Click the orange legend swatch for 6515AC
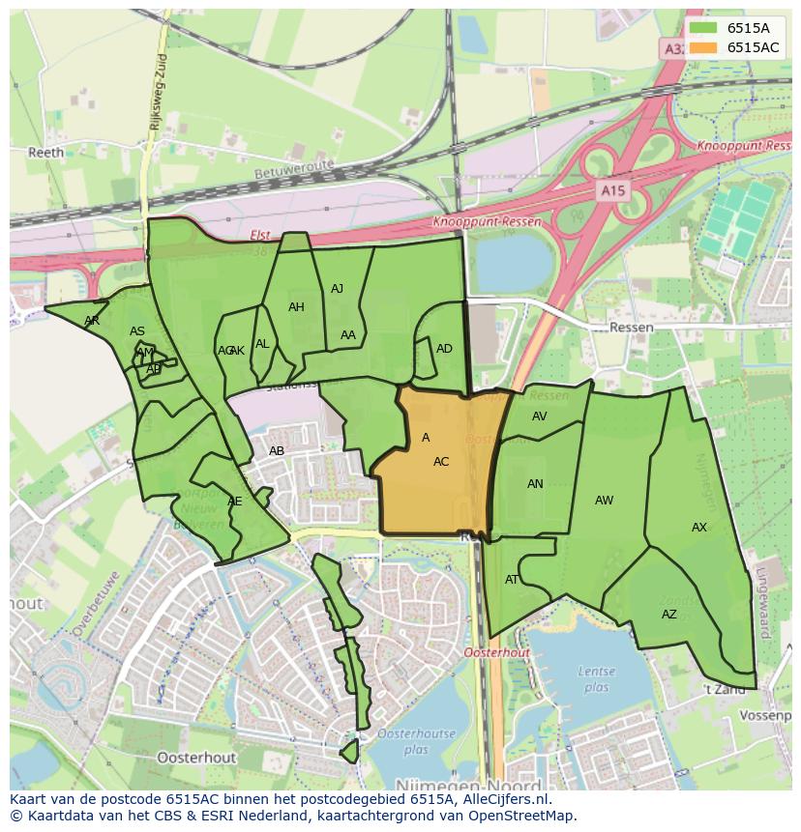(x=706, y=47)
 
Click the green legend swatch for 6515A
(x=706, y=29)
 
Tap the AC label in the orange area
(x=441, y=462)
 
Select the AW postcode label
(x=604, y=501)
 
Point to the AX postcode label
(x=699, y=528)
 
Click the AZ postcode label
(x=669, y=615)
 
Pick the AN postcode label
(x=535, y=484)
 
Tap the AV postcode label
(x=540, y=416)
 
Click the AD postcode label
(x=444, y=349)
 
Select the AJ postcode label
(x=337, y=289)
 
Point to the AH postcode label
(x=296, y=307)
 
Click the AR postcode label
(x=92, y=321)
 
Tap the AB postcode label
(x=277, y=451)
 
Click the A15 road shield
(x=612, y=191)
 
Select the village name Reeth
(x=45, y=153)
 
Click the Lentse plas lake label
(x=597, y=679)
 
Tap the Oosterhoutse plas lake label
(x=416, y=741)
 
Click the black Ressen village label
(x=631, y=328)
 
